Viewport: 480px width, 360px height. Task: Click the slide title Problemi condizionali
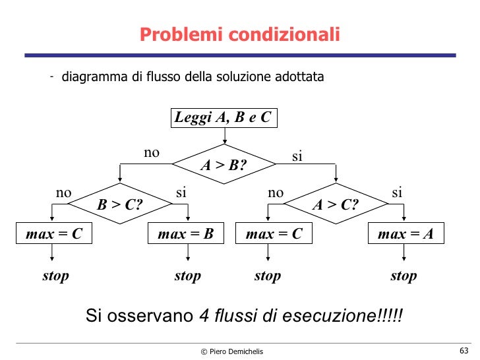coord(239,34)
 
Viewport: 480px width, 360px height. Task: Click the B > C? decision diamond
coord(120,204)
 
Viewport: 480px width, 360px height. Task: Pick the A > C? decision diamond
coord(335,204)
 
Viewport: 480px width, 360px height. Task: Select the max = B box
coord(187,233)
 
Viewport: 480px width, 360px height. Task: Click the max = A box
coord(405,233)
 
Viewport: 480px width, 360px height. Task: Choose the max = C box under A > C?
coord(274,233)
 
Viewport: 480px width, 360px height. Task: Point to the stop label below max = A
coord(404,276)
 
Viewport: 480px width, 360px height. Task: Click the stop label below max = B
coord(187,276)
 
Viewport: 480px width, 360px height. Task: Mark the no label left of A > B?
coord(152,153)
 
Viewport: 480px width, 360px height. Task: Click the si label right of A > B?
coord(297,156)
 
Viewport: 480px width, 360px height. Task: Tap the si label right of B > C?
coord(181,193)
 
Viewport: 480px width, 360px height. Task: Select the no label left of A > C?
coord(275,193)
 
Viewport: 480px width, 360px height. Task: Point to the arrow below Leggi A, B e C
coord(225,135)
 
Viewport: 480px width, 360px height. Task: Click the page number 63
coord(463,349)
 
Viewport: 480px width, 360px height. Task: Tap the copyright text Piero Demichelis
coord(231,351)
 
